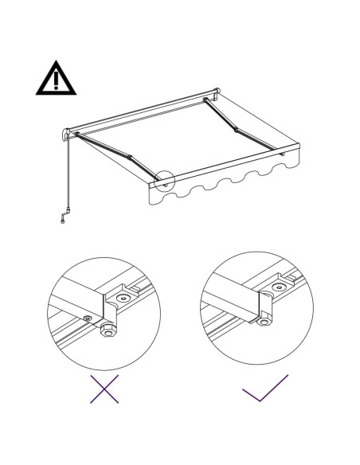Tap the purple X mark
[x=104, y=389]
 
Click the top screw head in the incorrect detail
[x=124, y=299]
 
